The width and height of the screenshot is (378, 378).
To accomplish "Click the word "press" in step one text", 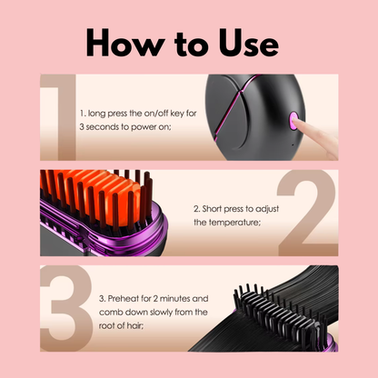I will [x=122, y=113].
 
